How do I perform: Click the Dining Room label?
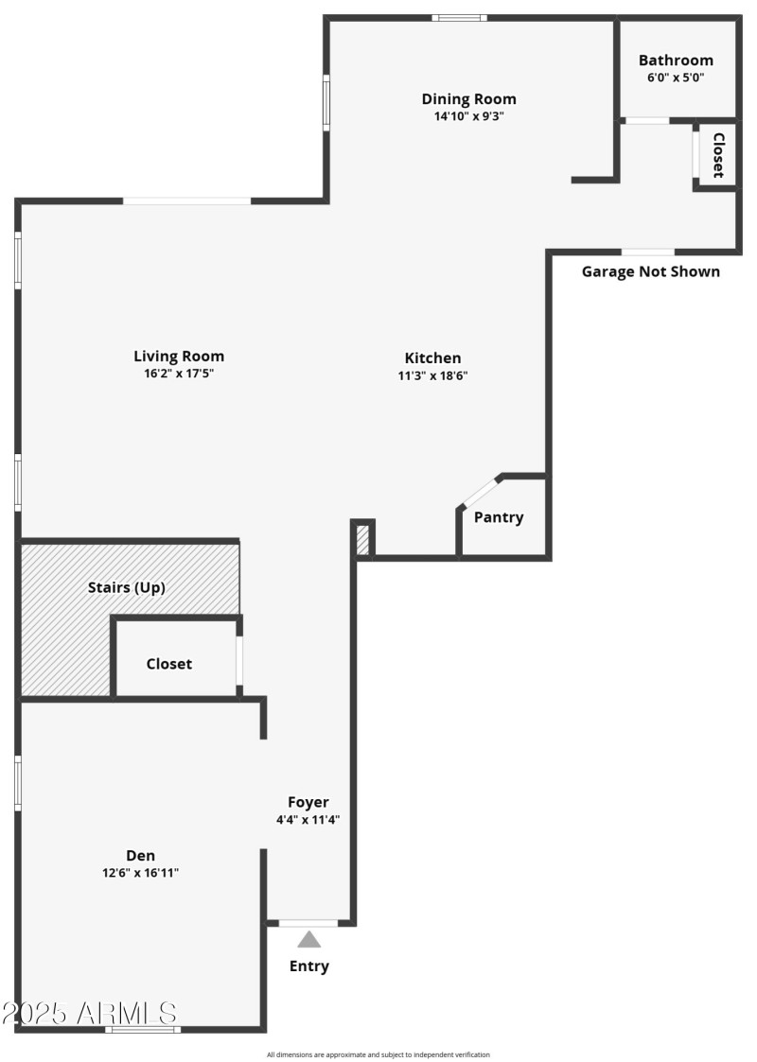coord(468,99)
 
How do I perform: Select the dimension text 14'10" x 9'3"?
coord(468,116)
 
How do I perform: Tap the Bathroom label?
coord(676,61)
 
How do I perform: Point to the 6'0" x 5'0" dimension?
coord(676,78)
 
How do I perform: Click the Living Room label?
coord(179,357)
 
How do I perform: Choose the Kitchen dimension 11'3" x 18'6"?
coord(433,374)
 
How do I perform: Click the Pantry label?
coord(499,517)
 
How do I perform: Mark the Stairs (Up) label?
coord(127,587)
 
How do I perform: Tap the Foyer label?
coord(308,803)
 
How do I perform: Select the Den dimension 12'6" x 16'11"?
coord(140,873)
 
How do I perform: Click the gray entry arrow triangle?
coord(309,939)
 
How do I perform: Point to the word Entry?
coord(309,966)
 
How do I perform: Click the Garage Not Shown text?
coord(650,272)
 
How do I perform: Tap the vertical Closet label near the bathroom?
coord(718,155)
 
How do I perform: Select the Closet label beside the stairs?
coord(169,664)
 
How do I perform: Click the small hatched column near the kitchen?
coord(362,539)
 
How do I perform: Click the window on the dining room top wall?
coord(460,17)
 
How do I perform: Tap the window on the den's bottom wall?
coord(143,1028)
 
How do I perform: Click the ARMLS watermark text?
coord(89,1013)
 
